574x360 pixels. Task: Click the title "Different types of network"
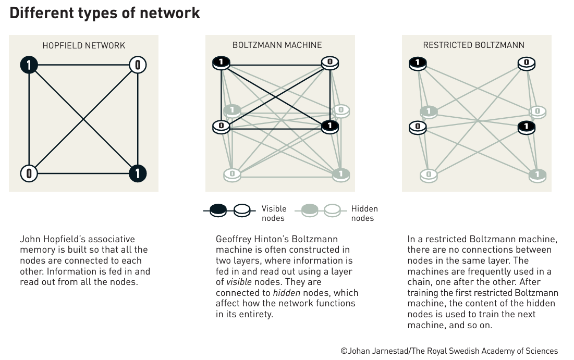(105, 13)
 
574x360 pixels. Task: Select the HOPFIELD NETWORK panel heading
(84, 45)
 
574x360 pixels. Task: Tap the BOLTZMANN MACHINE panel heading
(277, 45)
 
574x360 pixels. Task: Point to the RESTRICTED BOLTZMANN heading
(473, 45)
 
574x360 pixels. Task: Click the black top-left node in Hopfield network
(29, 65)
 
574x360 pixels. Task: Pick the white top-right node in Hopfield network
(138, 65)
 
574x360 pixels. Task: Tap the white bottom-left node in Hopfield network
(29, 173)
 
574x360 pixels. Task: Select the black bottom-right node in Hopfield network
(138, 173)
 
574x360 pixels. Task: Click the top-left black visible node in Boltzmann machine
(222, 63)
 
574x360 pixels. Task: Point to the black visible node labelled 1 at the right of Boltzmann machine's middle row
(329, 126)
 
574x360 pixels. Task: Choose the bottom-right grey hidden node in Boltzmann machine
(340, 174)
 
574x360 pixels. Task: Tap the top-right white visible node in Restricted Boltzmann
(526, 64)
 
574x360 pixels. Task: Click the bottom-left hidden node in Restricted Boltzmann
(429, 175)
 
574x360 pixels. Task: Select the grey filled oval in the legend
(310, 210)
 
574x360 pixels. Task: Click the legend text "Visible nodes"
(274, 214)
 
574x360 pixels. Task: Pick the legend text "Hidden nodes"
(364, 214)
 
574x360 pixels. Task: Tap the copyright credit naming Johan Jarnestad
(449, 351)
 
